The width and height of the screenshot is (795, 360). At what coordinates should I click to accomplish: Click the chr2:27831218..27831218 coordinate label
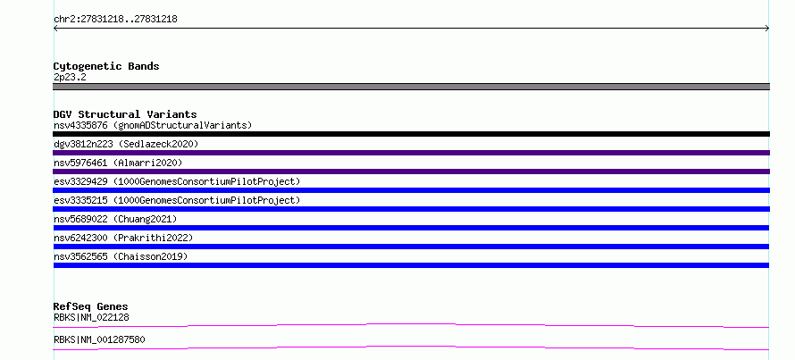115,20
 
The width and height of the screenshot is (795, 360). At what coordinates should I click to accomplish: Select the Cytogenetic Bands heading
106,66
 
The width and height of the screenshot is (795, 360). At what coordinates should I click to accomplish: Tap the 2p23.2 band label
70,78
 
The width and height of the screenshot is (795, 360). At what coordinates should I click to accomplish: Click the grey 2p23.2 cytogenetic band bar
411,87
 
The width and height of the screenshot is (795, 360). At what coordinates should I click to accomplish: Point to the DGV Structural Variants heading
125,114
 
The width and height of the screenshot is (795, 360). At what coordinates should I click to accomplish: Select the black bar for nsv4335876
411,134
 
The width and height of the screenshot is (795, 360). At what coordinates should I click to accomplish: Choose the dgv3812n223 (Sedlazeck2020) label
126,144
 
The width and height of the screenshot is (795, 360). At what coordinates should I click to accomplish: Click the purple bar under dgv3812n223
411,153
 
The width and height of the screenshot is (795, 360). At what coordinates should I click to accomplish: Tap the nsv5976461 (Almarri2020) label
118,163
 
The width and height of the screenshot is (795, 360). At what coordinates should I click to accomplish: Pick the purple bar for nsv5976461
411,172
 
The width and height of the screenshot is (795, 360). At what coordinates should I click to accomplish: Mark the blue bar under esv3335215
411,209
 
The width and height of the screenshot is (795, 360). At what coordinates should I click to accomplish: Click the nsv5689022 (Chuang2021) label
115,219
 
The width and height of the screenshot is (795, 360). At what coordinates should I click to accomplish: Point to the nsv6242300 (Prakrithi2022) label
123,238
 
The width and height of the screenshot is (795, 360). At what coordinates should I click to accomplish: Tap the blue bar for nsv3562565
411,265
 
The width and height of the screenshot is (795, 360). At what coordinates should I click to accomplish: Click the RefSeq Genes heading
90,306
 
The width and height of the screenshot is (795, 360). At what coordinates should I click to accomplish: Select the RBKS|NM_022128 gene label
91,318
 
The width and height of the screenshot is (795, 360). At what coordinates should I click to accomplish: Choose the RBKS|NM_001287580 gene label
99,339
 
